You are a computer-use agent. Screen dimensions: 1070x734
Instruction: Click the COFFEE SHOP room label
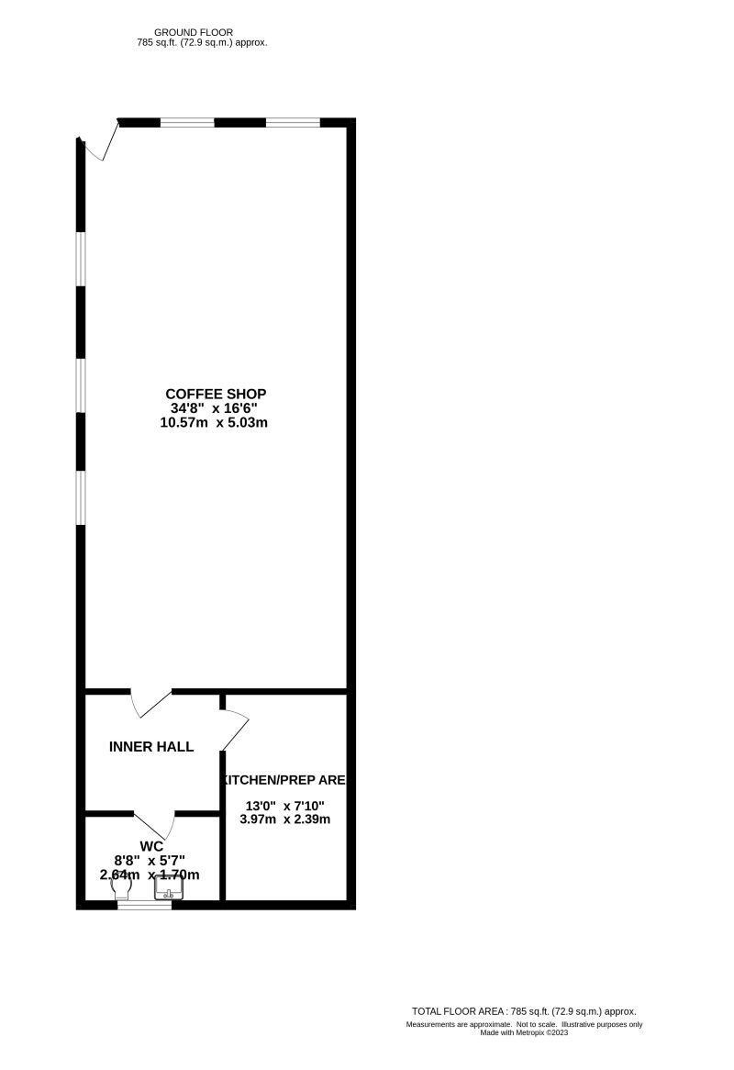pos(217,394)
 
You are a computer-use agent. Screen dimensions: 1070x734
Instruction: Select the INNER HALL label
pos(151,747)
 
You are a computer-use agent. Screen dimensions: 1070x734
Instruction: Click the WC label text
pos(151,845)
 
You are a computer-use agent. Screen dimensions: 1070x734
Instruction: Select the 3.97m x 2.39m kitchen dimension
pos(284,819)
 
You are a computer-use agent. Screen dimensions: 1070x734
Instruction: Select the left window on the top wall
pos(187,122)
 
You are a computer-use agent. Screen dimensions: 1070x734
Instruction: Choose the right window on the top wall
pos(293,122)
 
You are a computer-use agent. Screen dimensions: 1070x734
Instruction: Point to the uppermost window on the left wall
pos(81,259)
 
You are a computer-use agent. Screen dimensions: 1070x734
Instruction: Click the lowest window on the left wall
pos(81,497)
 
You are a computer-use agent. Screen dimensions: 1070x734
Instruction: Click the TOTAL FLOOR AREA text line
pos(524,1011)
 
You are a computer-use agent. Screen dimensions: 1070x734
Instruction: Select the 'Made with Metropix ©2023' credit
pos(524,1032)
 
